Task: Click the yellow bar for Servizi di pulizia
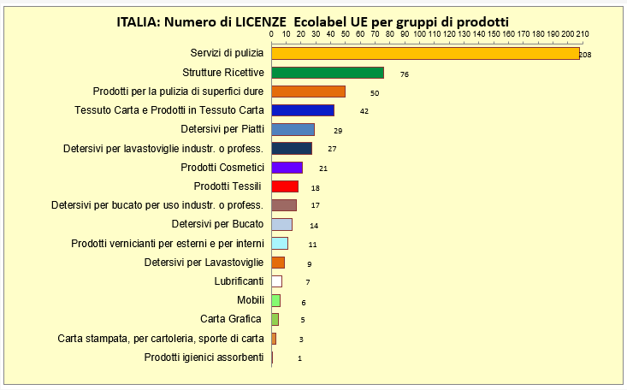(425, 53)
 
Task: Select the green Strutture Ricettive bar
(328, 73)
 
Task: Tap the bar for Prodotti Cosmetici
(287, 168)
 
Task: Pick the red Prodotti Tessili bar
(285, 186)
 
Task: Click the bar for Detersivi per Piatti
(293, 129)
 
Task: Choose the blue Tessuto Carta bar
(302, 110)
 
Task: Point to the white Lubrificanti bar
(276, 281)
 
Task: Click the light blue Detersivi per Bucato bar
(281, 224)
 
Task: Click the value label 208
(585, 55)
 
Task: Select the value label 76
(404, 74)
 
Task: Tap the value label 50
(374, 92)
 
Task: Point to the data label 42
(364, 111)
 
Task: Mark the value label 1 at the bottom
(299, 358)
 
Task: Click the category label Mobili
(250, 300)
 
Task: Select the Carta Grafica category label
(230, 319)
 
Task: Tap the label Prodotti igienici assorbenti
(204, 357)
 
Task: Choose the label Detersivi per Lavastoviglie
(204, 262)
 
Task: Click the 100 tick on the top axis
(419, 34)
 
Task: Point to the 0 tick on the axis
(271, 34)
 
